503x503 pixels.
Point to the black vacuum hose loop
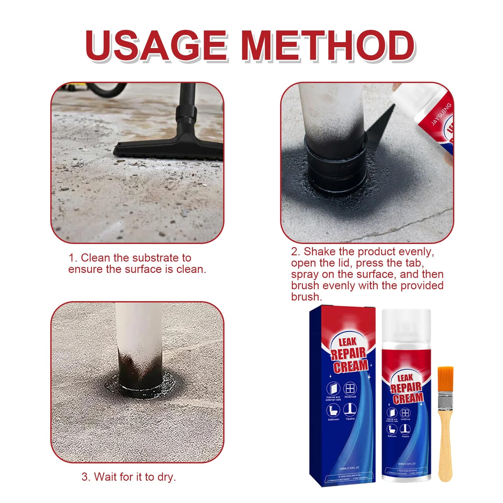[104, 89]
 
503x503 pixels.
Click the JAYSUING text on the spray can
[441, 114]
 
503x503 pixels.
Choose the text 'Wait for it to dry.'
[129, 477]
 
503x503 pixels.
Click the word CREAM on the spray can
[408, 398]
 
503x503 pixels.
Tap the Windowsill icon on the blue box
[350, 389]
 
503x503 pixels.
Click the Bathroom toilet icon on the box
[333, 410]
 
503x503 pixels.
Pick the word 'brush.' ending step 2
[307, 297]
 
